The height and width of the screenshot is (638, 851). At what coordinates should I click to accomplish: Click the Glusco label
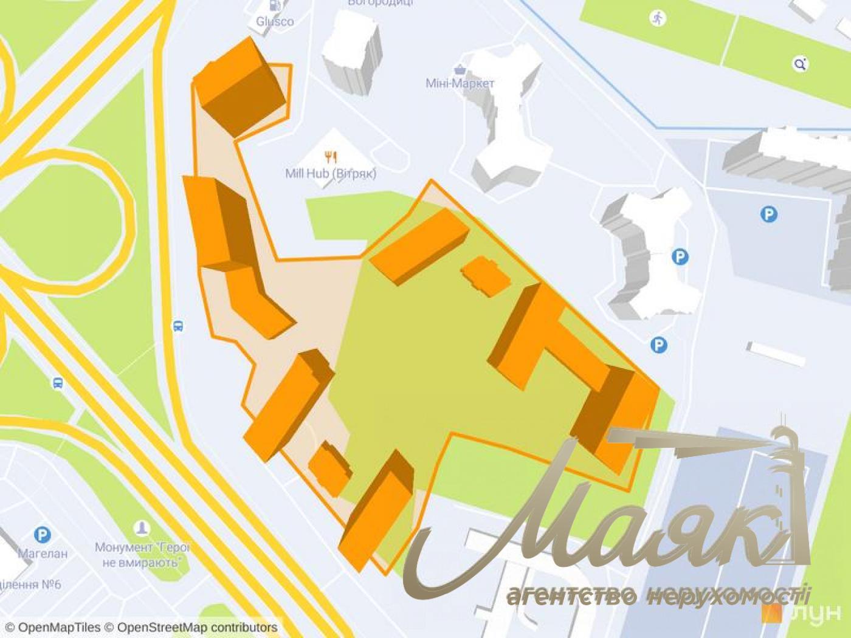point(275,22)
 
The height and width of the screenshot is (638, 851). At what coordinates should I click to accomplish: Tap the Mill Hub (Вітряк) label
point(331,174)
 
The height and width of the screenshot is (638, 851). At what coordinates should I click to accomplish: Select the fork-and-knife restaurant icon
point(331,157)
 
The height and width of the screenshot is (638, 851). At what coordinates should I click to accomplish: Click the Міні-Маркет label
point(460,83)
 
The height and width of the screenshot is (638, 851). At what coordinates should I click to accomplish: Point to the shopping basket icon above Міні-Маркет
point(460,69)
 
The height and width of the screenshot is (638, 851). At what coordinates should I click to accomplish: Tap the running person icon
point(657,18)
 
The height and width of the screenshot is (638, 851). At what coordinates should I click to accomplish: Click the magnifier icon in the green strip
point(801,64)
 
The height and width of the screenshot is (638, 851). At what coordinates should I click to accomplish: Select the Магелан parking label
point(43,554)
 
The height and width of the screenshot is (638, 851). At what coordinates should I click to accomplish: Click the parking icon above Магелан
point(42,535)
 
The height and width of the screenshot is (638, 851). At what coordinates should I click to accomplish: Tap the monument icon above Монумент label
point(142,527)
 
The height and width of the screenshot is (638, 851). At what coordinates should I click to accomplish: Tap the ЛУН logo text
point(817,614)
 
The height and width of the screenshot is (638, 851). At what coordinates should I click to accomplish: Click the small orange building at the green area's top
point(485,276)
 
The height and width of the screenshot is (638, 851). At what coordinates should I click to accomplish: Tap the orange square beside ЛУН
point(771,613)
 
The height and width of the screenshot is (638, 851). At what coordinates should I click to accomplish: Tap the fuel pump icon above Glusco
point(275,5)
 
